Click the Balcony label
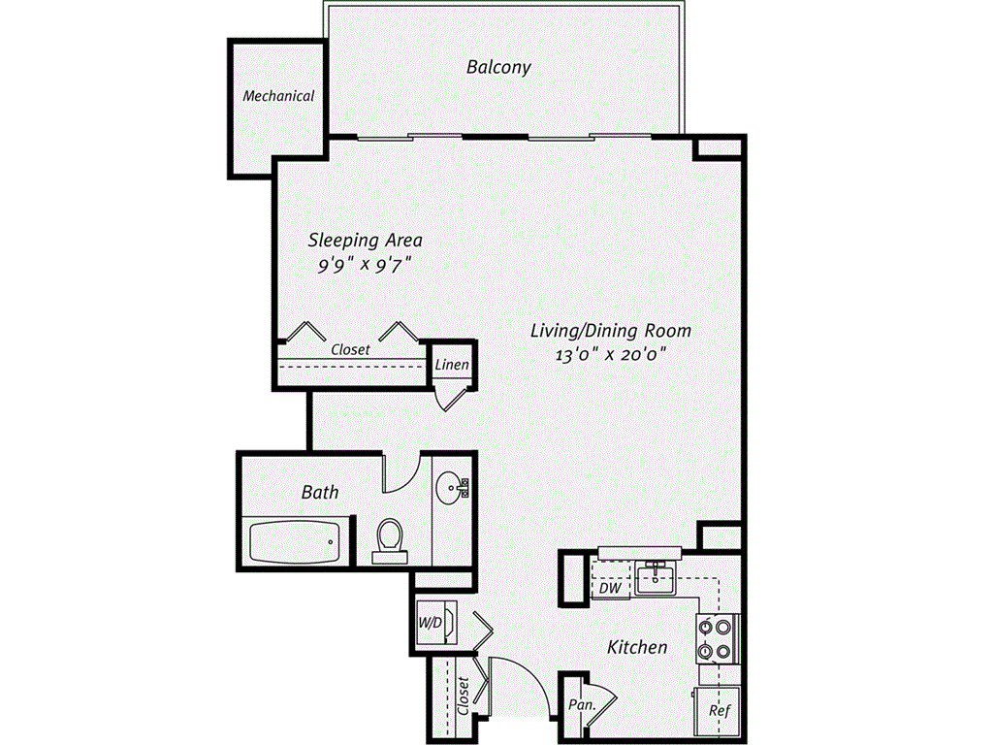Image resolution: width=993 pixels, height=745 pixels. point(498,68)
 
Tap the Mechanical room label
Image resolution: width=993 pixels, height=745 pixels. point(278,96)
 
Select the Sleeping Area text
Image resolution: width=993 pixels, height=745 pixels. point(365,239)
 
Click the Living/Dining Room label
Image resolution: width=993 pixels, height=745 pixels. point(610,330)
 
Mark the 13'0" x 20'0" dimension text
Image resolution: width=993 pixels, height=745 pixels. point(612,355)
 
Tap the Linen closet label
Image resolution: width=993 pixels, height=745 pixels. point(453,366)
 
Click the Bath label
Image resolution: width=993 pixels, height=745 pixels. point(320,492)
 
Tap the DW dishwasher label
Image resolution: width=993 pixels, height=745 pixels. point(609,588)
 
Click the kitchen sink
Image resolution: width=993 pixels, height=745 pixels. point(658,578)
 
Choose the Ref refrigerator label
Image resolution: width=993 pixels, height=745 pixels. point(719,710)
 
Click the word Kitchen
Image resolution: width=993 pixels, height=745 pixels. point(637,646)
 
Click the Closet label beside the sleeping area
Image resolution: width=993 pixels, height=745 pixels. point(350,349)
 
